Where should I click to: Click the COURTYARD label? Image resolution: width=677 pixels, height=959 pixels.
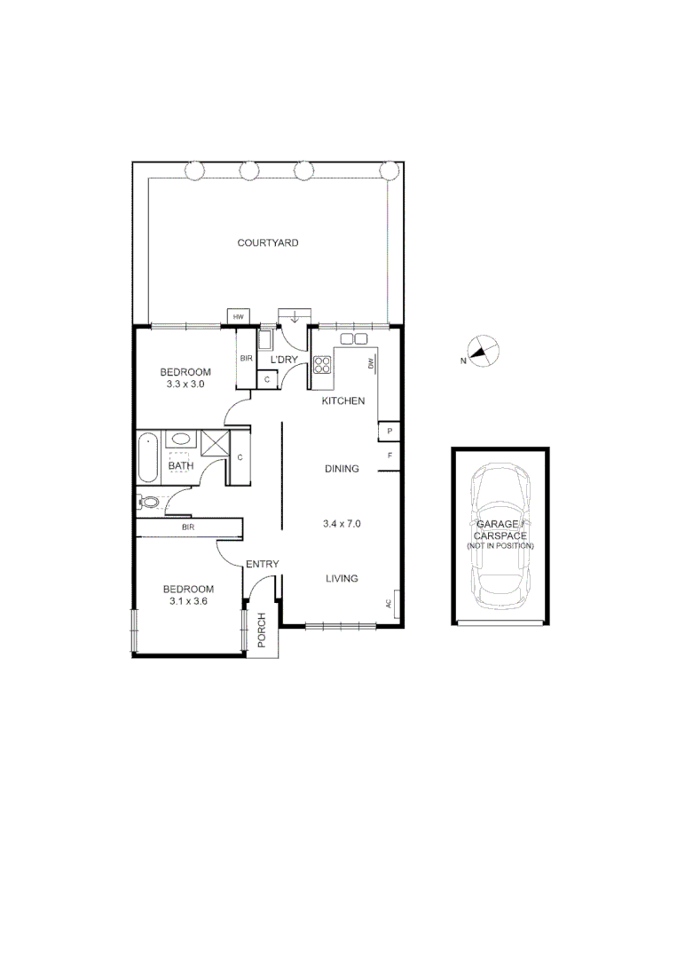[268, 242]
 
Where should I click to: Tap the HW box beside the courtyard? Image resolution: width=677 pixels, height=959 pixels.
[238, 317]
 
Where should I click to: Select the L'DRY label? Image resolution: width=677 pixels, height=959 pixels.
[284, 359]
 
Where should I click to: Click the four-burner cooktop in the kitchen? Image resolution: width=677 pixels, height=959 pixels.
[321, 364]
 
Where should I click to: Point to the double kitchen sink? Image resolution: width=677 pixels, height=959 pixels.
[353, 339]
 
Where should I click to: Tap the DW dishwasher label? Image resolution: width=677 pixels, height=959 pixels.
[371, 362]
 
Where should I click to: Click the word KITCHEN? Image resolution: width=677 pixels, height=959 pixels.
[343, 401]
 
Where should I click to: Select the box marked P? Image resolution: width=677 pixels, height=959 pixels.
[389, 432]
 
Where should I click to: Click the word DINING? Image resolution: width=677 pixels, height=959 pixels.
[342, 469]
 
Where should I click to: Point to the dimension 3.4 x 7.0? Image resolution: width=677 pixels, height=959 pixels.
[342, 524]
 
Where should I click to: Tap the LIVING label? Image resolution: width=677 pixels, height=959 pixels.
[342, 579]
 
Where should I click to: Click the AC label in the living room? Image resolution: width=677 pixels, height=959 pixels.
[389, 604]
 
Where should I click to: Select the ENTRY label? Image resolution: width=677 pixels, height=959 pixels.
[263, 565]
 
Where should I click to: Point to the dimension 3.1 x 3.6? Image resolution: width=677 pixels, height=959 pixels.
[188, 601]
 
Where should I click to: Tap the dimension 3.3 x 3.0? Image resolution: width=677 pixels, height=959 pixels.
[185, 384]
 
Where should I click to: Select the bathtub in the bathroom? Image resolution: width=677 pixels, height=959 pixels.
[147, 456]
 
